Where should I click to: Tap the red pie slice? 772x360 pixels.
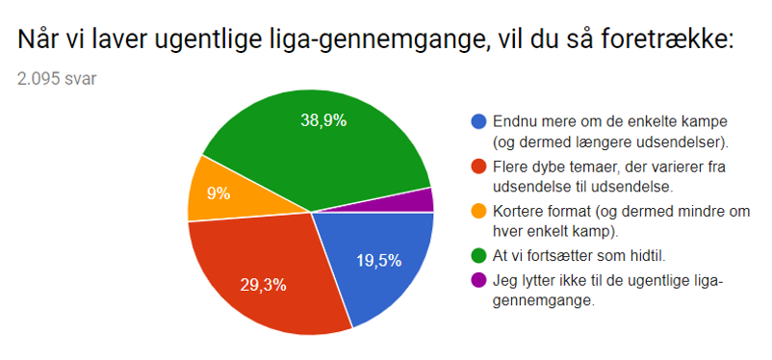point(260,274)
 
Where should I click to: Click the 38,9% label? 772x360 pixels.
point(321,120)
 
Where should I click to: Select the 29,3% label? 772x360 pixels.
point(263,285)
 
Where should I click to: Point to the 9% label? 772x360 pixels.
point(219,193)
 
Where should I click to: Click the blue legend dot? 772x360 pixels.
point(477,122)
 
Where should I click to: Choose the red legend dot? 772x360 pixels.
point(477,167)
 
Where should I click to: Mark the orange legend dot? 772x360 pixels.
point(477,213)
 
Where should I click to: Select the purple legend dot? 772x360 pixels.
point(477,281)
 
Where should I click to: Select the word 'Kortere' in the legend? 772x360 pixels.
point(521,213)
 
